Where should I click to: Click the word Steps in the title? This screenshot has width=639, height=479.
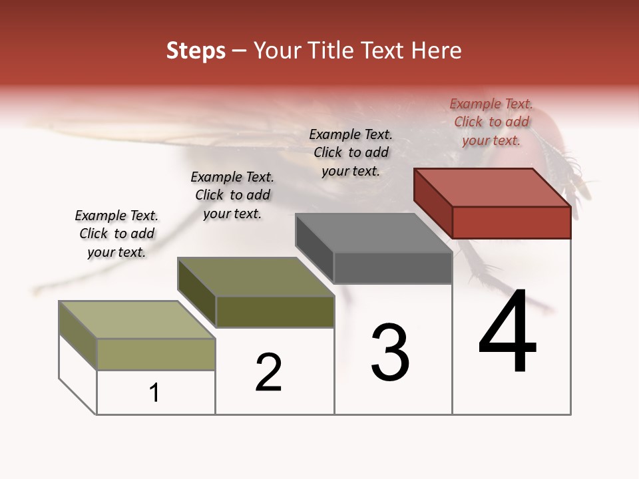click(x=196, y=51)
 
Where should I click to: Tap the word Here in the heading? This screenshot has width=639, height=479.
click(x=436, y=51)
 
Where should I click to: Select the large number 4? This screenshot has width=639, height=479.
click(x=507, y=333)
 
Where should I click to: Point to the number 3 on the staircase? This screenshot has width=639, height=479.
click(x=390, y=353)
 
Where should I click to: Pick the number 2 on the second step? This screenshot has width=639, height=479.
click(x=269, y=373)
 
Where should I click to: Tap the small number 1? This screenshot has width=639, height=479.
click(x=154, y=393)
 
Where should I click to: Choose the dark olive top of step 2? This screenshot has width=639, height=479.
click(x=256, y=277)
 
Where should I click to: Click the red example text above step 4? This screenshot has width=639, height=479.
click(x=491, y=122)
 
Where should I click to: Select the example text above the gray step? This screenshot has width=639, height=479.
click(x=351, y=152)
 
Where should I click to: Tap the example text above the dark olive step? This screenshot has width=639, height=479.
click(x=232, y=195)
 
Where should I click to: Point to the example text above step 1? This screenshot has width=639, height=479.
click(x=116, y=234)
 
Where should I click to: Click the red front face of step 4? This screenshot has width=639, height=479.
click(x=511, y=222)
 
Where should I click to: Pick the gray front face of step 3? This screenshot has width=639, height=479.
click(x=393, y=267)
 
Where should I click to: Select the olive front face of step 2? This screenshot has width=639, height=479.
click(x=275, y=311)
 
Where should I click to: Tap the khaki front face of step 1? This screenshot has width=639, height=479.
click(x=156, y=354)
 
